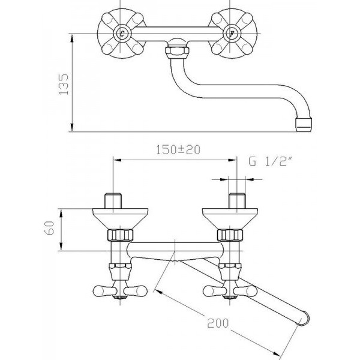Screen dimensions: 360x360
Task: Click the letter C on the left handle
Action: [x=122, y=34]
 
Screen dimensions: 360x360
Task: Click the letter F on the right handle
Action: [x=232, y=34]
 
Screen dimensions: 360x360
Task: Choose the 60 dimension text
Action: [x=51, y=229]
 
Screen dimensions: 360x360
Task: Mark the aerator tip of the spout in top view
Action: [x=305, y=125]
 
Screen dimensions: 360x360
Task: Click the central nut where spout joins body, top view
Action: [x=176, y=49]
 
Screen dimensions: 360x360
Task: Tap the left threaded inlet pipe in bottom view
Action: [x=114, y=200]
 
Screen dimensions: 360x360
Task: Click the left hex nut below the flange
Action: [x=119, y=234]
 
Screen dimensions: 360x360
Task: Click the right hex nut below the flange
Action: [x=230, y=234]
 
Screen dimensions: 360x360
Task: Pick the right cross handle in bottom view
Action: [x=230, y=290]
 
